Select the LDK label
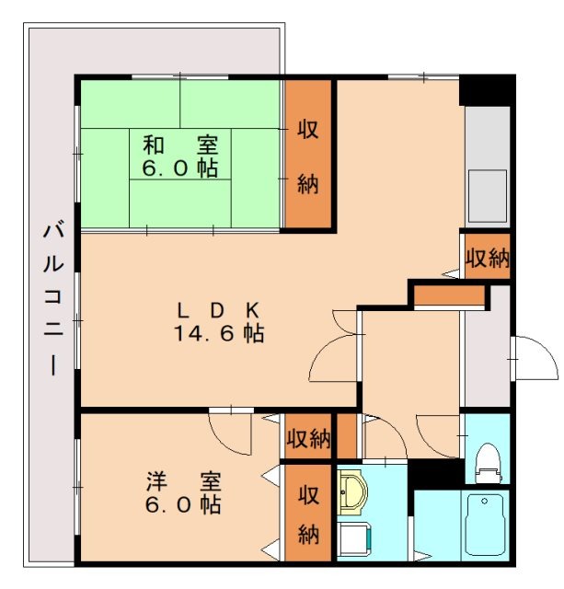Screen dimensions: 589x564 coord(220,309)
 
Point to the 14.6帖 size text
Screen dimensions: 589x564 coord(220,334)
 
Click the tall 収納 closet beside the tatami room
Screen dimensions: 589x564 coord(307,155)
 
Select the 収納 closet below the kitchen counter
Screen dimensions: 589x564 coord(486,258)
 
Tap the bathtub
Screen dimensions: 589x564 coord(485,525)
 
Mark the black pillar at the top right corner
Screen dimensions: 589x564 coord(486,90)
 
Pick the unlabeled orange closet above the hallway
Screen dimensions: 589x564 coord(448,296)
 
